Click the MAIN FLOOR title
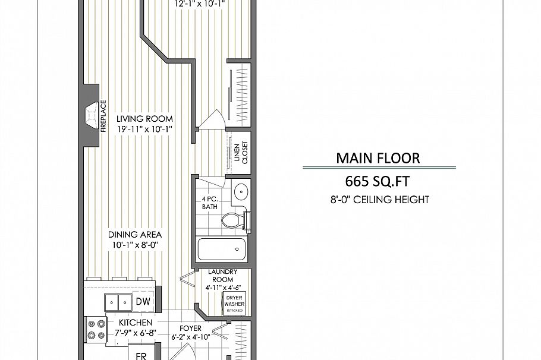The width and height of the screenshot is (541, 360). click(x=378, y=158)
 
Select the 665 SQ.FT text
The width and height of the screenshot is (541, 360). click(x=378, y=181)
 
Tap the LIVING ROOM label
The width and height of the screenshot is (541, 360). click(x=144, y=118)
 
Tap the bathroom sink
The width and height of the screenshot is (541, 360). click(x=241, y=192)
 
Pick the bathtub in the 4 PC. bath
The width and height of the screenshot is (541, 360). click(x=222, y=249)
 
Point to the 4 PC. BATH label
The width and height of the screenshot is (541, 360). click(x=210, y=203)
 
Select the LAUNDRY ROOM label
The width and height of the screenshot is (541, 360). click(x=223, y=276)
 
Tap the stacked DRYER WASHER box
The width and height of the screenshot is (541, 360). click(x=234, y=304)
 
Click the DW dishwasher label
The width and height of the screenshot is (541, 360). click(x=143, y=302)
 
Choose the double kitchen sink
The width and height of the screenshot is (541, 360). click(x=118, y=302)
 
